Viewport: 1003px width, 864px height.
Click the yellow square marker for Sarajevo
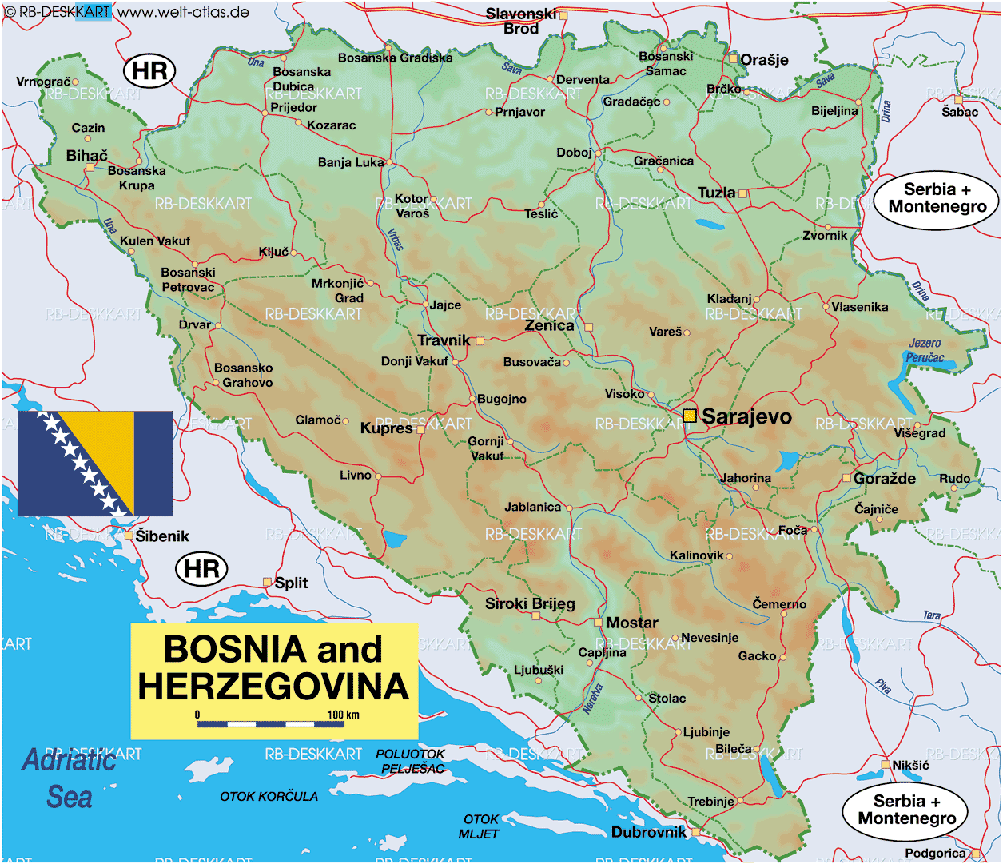coord(690,416)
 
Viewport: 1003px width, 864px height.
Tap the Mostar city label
coord(632,623)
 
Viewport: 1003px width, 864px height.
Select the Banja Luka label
coord(350,162)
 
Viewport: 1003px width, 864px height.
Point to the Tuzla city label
coord(716,193)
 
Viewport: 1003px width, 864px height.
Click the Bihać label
coord(86,156)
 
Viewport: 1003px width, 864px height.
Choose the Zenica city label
coord(549,325)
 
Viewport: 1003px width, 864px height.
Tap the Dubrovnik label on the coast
coord(648,832)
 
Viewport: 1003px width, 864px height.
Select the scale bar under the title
coord(271,724)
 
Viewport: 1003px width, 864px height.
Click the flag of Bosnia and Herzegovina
coord(95,464)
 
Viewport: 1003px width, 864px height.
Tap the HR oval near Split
coord(201,569)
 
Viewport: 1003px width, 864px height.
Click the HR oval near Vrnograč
coord(149,70)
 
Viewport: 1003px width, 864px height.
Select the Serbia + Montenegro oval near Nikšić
coord(906,810)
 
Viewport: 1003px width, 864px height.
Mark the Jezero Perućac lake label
coord(925,350)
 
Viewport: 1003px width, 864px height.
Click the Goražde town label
coord(884,478)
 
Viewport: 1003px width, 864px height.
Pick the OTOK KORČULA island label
coord(269,796)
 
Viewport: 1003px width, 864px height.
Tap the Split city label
coord(291,583)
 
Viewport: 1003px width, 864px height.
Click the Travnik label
coord(444,340)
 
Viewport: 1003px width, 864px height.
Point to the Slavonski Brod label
coord(521,21)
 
